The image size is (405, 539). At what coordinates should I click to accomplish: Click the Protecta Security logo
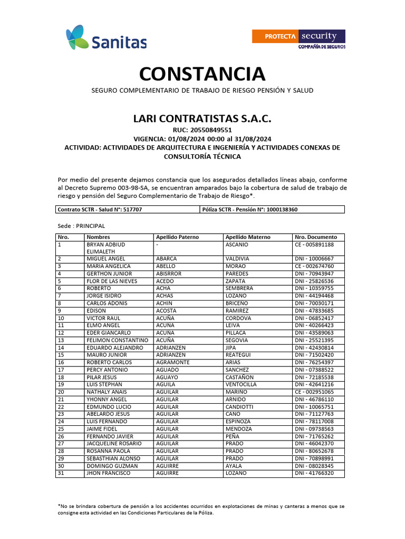point(298,39)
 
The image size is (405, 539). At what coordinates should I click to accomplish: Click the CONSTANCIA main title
point(202,74)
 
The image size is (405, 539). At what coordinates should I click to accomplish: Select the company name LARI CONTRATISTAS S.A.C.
point(202,118)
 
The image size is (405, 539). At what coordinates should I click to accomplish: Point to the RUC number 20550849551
point(202,130)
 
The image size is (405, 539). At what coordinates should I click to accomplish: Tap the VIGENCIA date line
point(202,139)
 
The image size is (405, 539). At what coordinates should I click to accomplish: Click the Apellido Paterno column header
point(177,237)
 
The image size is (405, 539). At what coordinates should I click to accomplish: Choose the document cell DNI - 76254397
point(315,363)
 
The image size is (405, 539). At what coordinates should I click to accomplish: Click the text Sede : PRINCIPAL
point(81,226)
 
